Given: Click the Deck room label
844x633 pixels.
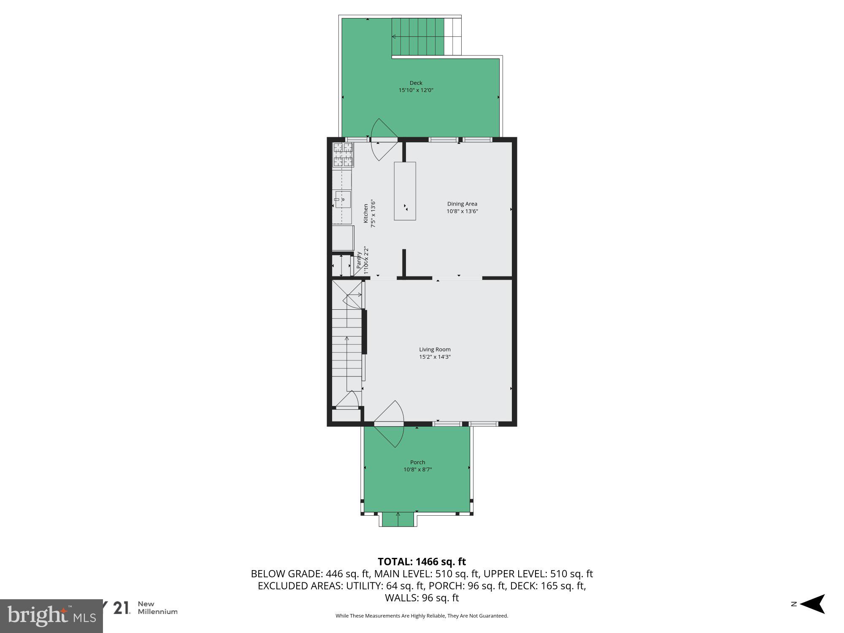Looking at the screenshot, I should click(x=416, y=83).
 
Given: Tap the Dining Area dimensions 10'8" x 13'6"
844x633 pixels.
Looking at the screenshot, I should click(x=462, y=211).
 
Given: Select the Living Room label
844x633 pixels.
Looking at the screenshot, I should click(x=435, y=349).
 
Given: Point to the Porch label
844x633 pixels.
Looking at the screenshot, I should click(x=417, y=462).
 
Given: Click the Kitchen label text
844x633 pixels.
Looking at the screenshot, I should click(x=366, y=214).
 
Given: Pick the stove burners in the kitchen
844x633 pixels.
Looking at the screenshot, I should click(x=343, y=154).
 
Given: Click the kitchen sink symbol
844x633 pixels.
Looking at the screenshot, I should click(x=343, y=199).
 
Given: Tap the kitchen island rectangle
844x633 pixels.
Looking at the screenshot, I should click(x=405, y=191).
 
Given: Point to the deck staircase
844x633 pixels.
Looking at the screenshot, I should click(x=418, y=37).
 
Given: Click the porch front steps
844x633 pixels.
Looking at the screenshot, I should click(x=398, y=519).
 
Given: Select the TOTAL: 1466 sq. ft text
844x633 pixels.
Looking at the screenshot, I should click(x=422, y=562).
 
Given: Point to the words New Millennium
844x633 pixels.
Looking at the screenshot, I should click(x=157, y=608).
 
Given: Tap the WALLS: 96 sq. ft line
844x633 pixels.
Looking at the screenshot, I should click(x=422, y=598).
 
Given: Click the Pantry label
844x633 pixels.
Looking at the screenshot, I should click(x=359, y=261).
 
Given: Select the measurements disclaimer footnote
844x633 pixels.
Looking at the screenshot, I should click(x=422, y=616).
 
